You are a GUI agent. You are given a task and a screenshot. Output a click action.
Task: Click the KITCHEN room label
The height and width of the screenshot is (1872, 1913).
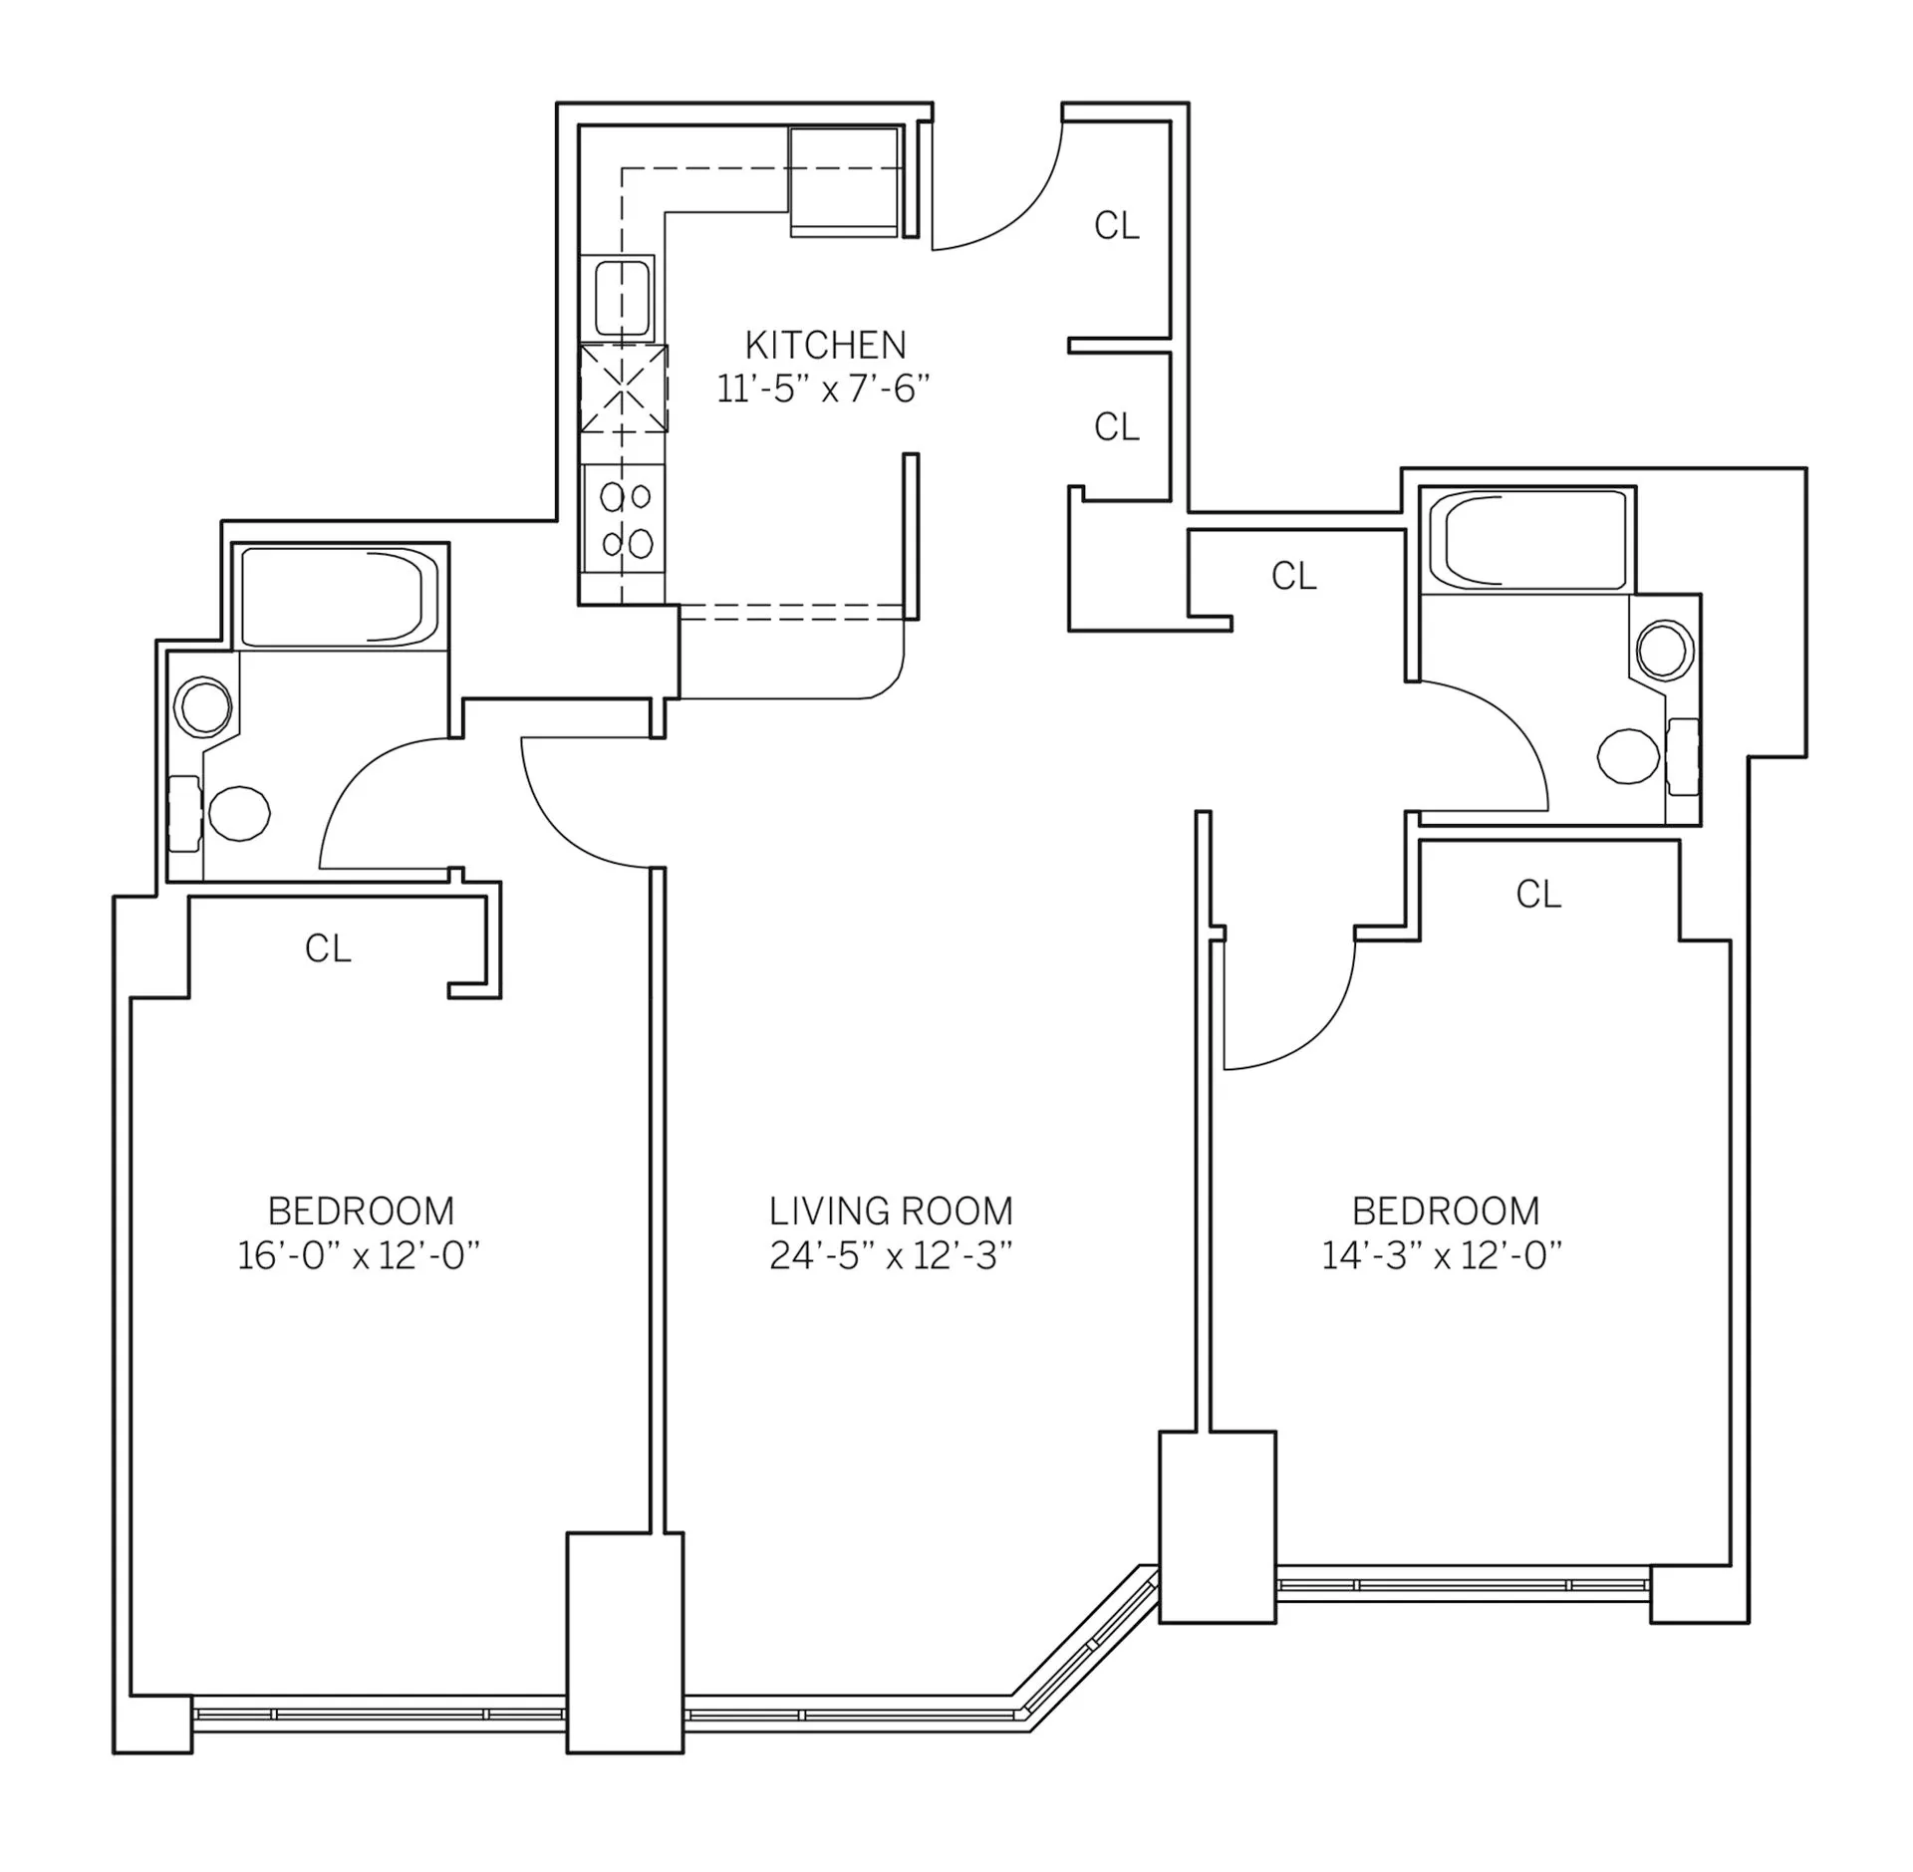coord(825,345)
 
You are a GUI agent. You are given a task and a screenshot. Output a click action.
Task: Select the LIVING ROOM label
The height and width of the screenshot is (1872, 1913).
coord(891,1211)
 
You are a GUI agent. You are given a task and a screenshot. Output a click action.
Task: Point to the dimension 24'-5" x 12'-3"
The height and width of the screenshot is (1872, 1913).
coord(891,1256)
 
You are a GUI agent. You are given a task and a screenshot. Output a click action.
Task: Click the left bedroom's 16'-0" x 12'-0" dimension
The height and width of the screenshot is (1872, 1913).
coord(359,1256)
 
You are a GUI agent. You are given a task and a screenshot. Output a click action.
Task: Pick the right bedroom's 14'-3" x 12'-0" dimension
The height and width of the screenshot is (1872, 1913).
coord(1442,1256)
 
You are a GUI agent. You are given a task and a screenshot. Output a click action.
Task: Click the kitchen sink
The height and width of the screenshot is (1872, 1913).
coord(623,297)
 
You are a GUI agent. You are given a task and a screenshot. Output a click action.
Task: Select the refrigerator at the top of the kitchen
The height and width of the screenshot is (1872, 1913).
coord(844,181)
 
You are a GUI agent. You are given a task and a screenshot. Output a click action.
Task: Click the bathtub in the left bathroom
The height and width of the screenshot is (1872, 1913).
coord(339,596)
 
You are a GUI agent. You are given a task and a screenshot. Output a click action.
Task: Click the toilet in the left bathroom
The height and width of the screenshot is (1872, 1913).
coord(239,812)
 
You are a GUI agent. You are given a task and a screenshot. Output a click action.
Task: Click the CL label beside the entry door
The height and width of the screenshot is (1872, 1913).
coord(1116,226)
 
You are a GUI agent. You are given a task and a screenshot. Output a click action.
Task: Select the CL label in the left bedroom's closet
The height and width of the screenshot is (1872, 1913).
coord(328,948)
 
